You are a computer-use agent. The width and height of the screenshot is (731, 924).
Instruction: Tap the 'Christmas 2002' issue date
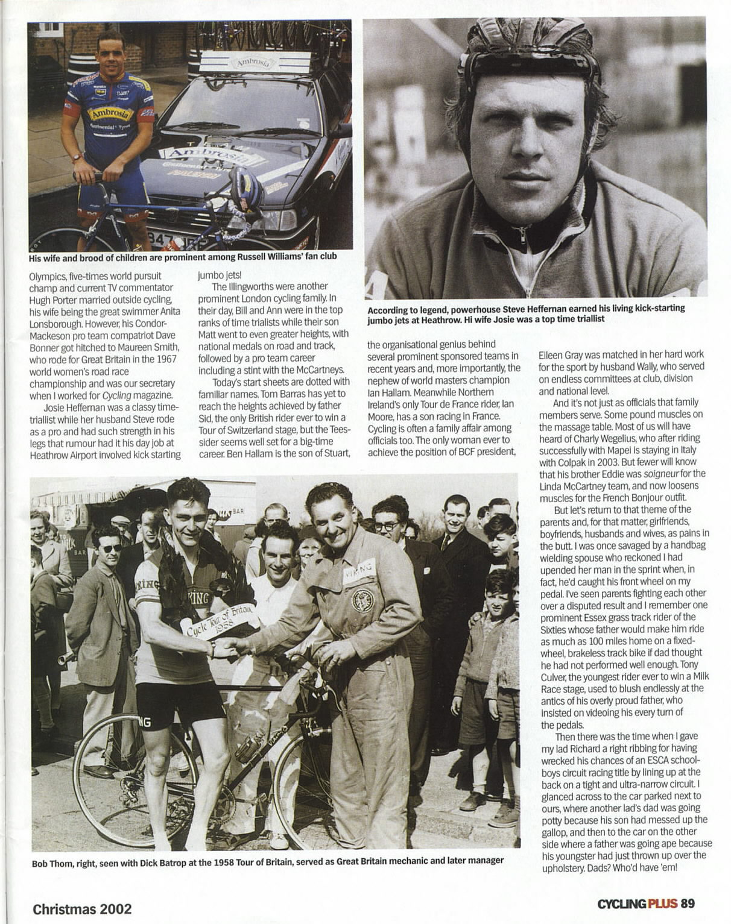pyautogui.click(x=82, y=909)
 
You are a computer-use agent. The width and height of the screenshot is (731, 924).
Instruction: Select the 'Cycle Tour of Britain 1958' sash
pyautogui.click(x=220, y=621)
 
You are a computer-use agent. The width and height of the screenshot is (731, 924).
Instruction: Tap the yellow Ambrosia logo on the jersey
pyautogui.click(x=110, y=113)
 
